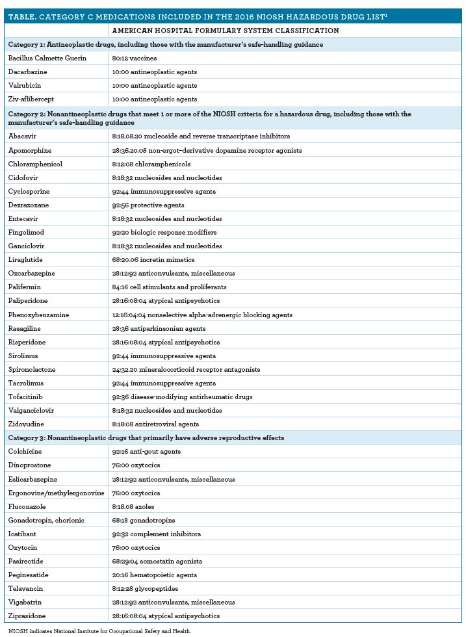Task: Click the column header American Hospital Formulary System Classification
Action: point(225,31)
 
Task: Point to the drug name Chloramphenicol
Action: point(35,164)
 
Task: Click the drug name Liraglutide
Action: point(27,260)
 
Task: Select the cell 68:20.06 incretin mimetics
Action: point(153,260)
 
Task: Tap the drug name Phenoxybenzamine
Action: point(38,315)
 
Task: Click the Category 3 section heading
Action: point(146,437)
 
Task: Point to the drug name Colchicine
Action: point(26,451)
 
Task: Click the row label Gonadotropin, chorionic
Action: point(46,520)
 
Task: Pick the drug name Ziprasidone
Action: point(28,616)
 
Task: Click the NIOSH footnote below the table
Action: point(90,630)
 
